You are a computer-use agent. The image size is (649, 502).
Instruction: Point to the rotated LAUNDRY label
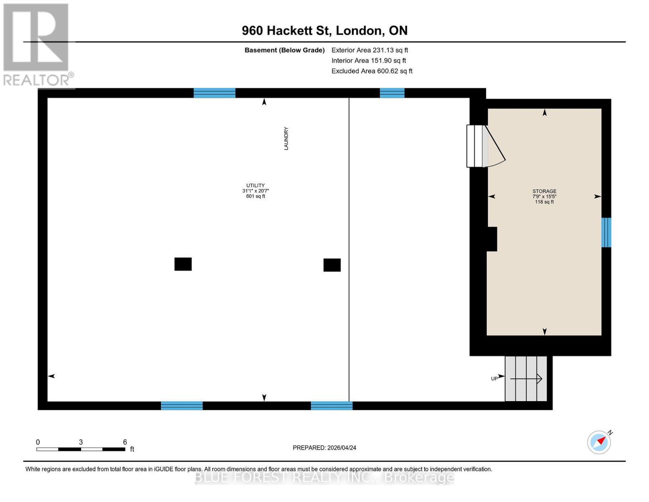click(x=286, y=138)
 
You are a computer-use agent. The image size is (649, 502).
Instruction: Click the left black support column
click(x=183, y=264)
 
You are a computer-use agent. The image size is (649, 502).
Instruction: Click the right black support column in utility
click(x=332, y=265)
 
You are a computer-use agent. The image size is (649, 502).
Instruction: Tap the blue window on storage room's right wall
click(x=606, y=232)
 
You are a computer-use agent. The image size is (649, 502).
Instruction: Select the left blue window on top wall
click(x=214, y=93)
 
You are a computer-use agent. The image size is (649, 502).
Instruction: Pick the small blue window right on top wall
click(x=392, y=93)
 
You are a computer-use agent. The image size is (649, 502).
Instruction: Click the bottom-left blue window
click(x=182, y=405)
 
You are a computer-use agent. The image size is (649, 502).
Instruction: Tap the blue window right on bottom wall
click(x=331, y=405)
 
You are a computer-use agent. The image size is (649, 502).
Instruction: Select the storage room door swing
click(x=496, y=149)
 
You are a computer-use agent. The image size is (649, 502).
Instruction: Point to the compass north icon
click(x=599, y=442)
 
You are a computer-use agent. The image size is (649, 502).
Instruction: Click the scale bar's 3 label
click(x=81, y=442)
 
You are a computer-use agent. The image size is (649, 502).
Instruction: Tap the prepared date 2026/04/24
click(x=324, y=448)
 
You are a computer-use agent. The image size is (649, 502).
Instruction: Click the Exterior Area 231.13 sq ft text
click(x=369, y=50)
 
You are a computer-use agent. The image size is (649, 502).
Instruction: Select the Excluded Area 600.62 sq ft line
click(x=372, y=71)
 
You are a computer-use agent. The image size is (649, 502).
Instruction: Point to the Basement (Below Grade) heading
click(x=284, y=50)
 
